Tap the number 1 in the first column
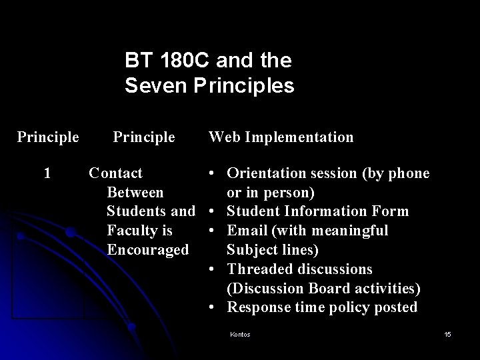[x=47, y=173]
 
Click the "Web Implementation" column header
[x=281, y=137]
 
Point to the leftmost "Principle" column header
[x=48, y=137]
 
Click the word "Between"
[x=135, y=193]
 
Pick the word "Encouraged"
[x=148, y=250]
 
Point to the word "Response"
[x=257, y=307]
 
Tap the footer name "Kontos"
[x=239, y=334]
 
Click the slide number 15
[x=447, y=334]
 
